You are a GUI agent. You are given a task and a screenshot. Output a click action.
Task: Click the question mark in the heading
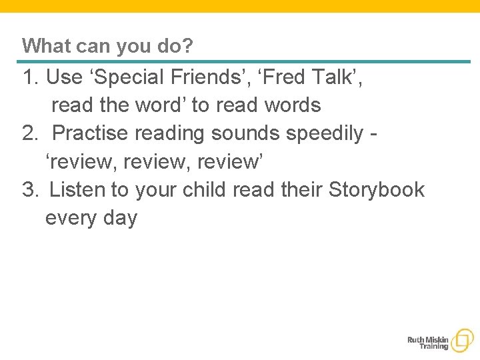[x=188, y=46]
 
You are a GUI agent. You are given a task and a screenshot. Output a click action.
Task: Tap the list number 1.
[x=29, y=77]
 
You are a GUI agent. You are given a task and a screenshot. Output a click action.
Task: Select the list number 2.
[x=29, y=133]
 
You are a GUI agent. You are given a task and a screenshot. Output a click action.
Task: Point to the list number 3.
[x=29, y=190]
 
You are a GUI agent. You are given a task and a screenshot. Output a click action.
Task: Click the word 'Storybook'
[x=377, y=190]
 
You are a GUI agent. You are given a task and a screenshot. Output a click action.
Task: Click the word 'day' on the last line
[x=120, y=219]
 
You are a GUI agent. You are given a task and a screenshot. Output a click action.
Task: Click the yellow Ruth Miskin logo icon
[x=461, y=341]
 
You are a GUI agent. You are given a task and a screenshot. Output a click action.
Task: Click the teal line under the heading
[x=246, y=62]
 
